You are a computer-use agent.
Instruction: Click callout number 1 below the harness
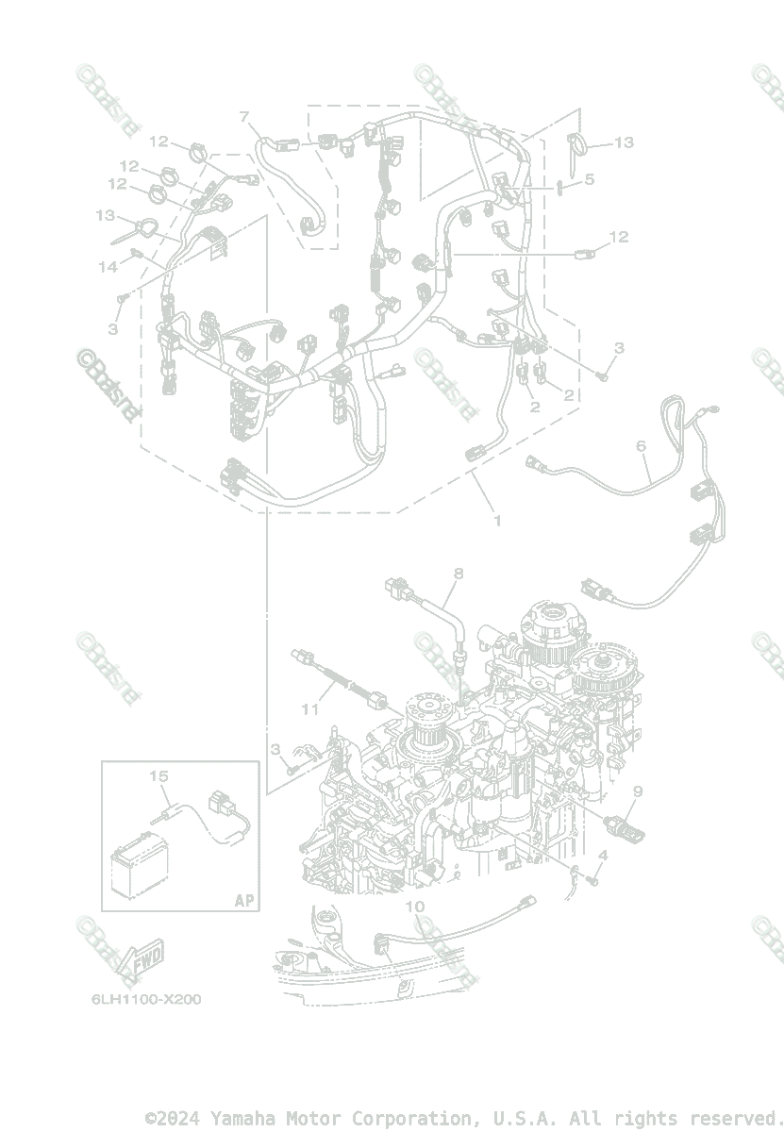(497, 520)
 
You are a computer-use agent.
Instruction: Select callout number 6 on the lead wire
(642, 445)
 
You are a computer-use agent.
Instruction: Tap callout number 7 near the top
(244, 117)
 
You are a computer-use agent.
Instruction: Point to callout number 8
(459, 573)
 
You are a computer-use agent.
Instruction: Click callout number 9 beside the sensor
(638, 791)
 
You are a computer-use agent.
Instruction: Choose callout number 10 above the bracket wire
(415, 907)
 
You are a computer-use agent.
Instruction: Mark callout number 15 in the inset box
(158, 775)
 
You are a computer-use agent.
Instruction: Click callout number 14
(108, 267)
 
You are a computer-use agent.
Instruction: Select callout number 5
(589, 177)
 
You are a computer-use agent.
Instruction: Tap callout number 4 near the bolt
(604, 856)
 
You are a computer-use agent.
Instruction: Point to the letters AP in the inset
(244, 900)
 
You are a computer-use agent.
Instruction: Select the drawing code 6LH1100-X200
(141, 999)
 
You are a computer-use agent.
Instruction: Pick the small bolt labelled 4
(593, 880)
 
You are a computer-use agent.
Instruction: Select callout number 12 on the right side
(618, 237)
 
